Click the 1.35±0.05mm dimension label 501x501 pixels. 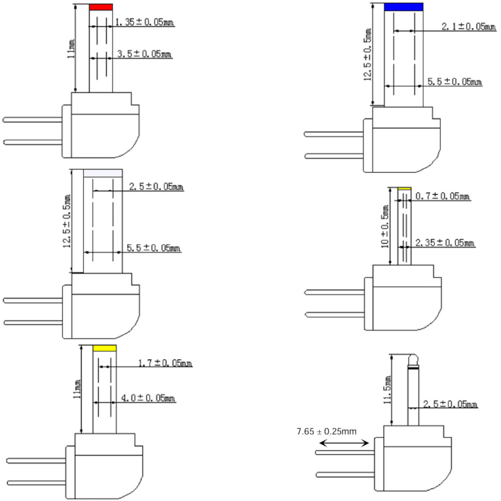(x=145, y=22)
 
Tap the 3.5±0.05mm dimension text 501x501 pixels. (x=144, y=54)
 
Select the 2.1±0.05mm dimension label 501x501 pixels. (x=469, y=26)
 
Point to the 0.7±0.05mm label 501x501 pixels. (x=443, y=196)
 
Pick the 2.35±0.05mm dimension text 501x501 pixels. (x=445, y=243)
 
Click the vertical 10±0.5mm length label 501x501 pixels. (x=385, y=226)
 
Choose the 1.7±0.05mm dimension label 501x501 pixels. (x=165, y=363)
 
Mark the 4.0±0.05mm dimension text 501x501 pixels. (x=148, y=398)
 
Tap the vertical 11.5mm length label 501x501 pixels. (x=387, y=390)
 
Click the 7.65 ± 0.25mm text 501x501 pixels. (x=326, y=431)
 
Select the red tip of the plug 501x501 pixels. (x=101, y=7)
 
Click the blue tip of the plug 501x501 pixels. (x=404, y=7)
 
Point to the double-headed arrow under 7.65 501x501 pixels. (x=344, y=443)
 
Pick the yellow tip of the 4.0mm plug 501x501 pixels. (x=105, y=348)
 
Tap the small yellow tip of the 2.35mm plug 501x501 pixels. (x=404, y=189)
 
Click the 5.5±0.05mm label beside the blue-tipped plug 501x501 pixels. (x=455, y=82)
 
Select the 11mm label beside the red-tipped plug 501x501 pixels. (x=71, y=49)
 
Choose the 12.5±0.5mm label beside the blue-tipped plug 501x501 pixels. (x=368, y=54)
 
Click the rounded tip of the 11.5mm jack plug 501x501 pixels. (x=413, y=361)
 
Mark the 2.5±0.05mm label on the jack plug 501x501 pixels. (x=450, y=404)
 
